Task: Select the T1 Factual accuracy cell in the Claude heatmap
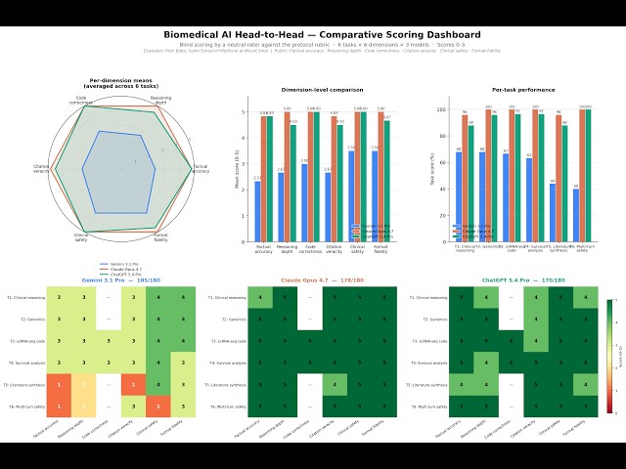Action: [259, 296]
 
